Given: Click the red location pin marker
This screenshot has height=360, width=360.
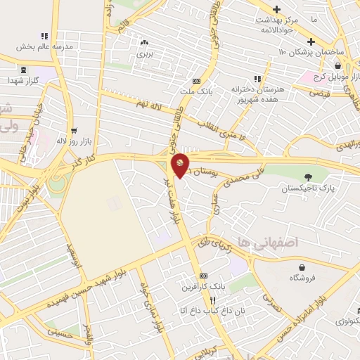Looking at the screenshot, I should coord(180,165).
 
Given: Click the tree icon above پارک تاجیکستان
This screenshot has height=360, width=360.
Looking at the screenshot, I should coord(307,176).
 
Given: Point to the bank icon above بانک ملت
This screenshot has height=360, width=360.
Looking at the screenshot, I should coord(205,81).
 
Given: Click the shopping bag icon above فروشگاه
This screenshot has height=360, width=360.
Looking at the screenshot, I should coord(302,267).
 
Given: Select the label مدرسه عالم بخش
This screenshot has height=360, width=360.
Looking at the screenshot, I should coord(43,47).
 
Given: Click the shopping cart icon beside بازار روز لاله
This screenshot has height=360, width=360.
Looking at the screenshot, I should coord(73,131).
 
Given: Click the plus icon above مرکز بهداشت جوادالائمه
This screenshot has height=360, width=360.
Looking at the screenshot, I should coord(277,9).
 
